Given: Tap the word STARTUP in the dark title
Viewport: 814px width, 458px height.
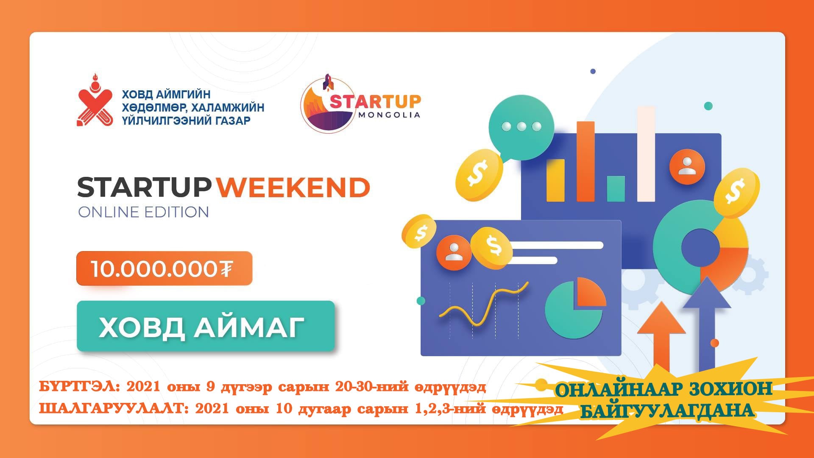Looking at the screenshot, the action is point(144,187).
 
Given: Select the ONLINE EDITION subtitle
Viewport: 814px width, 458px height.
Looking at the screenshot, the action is point(143,212).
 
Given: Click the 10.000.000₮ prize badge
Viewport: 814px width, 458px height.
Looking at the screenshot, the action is point(164,268).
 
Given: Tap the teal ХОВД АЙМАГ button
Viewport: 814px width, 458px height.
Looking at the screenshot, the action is point(206,326).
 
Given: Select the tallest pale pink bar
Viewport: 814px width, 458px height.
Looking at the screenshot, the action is point(646,154).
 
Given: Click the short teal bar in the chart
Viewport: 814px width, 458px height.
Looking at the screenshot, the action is point(616,188).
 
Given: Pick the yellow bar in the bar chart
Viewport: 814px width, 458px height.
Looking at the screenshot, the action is point(555,180).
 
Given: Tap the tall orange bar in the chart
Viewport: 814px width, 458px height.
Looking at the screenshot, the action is point(585,161).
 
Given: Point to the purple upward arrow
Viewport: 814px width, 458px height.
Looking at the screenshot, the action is point(707,322).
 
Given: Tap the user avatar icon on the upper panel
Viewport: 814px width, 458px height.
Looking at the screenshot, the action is point(687,166).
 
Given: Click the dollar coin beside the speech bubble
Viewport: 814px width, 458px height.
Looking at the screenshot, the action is point(479,175).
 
